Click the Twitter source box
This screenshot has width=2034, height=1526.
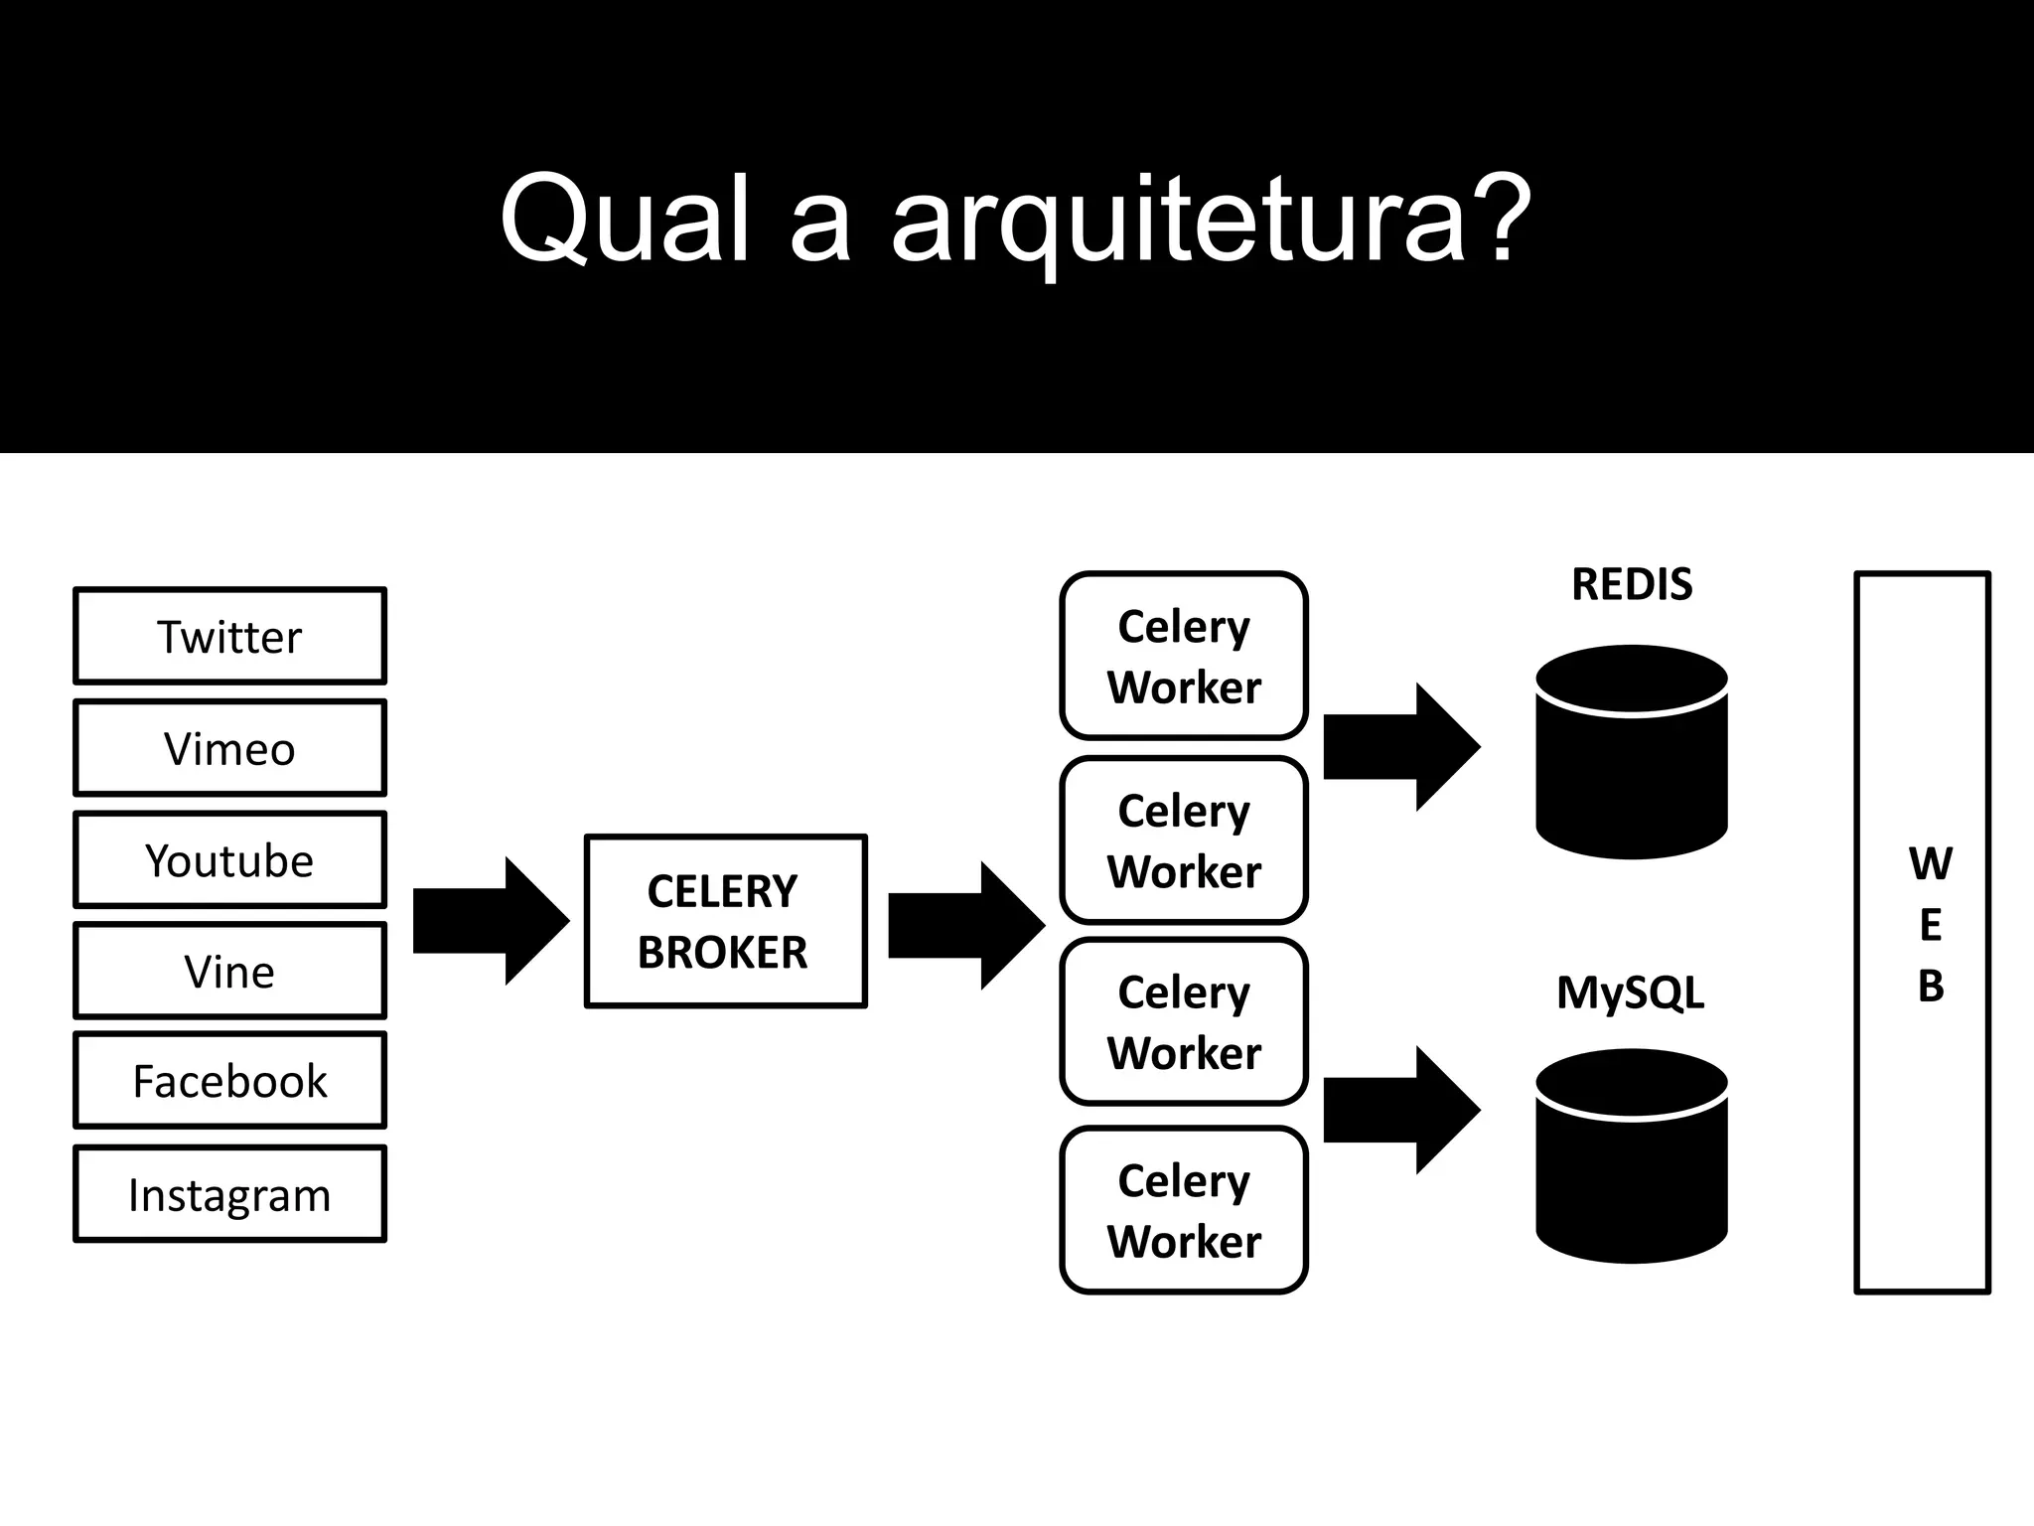point(229,636)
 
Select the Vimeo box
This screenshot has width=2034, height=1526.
point(229,748)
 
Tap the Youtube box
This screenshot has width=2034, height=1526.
point(229,860)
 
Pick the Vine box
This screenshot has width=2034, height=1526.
point(229,971)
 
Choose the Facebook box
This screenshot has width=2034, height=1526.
point(229,1081)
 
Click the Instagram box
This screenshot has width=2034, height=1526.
point(229,1194)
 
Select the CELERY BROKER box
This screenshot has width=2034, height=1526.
point(725,922)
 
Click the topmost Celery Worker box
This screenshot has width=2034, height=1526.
point(1183,656)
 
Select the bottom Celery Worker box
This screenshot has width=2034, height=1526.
point(1183,1210)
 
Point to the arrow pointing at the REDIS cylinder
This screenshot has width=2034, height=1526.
point(1401,747)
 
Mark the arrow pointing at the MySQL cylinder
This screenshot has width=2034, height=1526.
point(1401,1110)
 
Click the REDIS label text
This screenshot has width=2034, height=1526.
point(1632,584)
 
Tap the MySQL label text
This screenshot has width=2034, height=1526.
point(1630,992)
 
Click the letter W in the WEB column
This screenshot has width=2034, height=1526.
point(1930,863)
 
